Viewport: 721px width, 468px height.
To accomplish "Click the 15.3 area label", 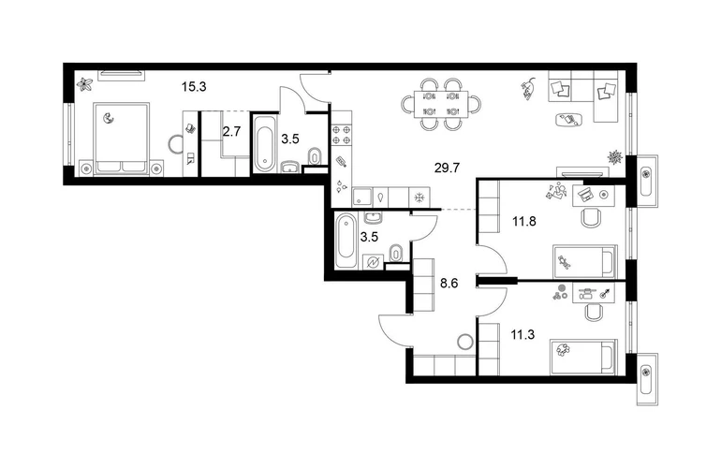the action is [194, 86].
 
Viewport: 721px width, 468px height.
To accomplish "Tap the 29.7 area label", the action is [447, 168].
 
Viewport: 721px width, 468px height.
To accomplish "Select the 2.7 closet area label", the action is [231, 132].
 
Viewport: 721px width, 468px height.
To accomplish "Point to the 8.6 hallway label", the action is [449, 284].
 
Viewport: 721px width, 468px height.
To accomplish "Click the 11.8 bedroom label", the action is [524, 222].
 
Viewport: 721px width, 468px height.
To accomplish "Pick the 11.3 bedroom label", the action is [522, 335].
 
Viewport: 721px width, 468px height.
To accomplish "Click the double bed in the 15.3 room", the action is [122, 139].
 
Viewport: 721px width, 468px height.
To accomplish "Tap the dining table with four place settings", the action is [441, 104].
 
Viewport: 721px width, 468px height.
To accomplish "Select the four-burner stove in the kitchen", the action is [342, 134].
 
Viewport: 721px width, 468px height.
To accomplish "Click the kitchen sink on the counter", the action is [362, 197].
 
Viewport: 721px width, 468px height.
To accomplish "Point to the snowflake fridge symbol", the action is [419, 197].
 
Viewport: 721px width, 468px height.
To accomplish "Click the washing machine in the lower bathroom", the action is [373, 262].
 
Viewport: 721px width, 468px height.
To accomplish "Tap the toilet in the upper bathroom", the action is [315, 157].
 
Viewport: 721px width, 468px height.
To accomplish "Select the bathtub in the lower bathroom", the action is [346, 240].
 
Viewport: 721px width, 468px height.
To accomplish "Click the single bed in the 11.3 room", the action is [583, 358].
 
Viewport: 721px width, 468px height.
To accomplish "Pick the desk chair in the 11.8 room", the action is [592, 217].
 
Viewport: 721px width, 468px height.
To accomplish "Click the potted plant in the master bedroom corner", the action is [84, 84].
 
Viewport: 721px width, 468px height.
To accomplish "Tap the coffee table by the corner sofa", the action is [569, 119].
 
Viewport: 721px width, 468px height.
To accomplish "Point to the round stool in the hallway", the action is [464, 342].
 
